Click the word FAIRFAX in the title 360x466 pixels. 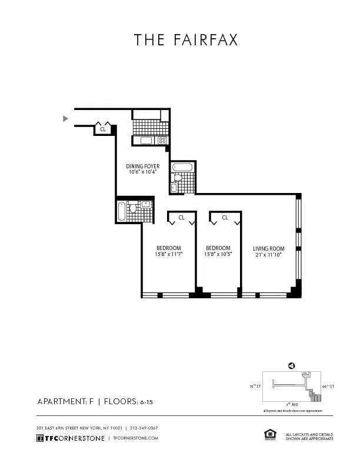coord(205,40)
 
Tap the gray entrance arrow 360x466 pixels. coord(65,118)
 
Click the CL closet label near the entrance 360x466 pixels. coord(102,129)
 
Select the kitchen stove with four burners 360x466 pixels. coord(162,141)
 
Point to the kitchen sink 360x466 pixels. coord(146,141)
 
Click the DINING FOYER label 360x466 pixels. coord(143,167)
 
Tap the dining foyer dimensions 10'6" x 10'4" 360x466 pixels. coord(143,172)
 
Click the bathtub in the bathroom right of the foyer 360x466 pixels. coord(182,168)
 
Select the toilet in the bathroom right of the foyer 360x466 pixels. coord(178,177)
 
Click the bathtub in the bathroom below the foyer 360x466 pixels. coord(122,211)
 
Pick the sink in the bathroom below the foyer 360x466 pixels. coord(145,204)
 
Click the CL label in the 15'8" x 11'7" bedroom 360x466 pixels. coord(181,218)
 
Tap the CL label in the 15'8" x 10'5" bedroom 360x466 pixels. coord(225,218)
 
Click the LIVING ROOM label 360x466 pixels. coord(268,248)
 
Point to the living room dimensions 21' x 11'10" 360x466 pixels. coord(268,255)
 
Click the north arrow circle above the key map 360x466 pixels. coord(291,365)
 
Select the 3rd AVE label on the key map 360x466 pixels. coord(292,404)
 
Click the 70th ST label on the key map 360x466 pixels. coord(255,387)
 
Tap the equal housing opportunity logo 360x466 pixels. coord(271,434)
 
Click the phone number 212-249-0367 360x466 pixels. coord(144,428)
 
